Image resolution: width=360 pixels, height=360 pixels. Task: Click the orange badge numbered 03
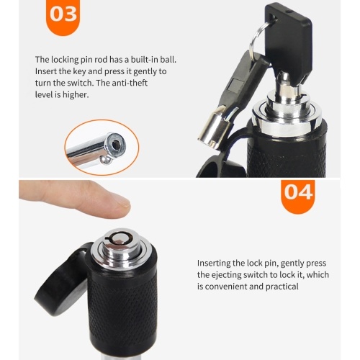click(63, 16)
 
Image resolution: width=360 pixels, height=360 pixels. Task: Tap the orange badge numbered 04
click(298, 196)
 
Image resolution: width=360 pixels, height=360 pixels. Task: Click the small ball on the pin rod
click(105, 159)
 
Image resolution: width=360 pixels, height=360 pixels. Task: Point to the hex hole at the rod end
click(117, 144)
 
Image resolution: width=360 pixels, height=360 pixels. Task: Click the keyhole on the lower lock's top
click(119, 238)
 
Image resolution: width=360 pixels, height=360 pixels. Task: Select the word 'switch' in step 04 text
click(257, 275)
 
